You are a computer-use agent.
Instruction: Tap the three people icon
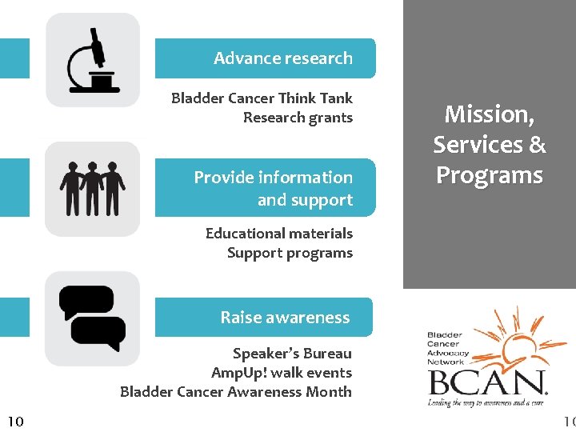tap(93, 189)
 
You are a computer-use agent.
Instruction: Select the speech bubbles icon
tap(93, 318)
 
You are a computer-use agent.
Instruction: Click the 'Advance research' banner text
tap(282, 58)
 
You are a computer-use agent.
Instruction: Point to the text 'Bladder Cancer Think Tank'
tap(262, 98)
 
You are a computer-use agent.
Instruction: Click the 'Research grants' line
tap(298, 118)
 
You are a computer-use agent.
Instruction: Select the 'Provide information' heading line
tap(273, 178)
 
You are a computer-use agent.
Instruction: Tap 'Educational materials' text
tap(278, 234)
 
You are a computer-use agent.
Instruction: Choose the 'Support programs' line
tap(290, 253)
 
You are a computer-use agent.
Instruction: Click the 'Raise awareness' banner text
tap(285, 318)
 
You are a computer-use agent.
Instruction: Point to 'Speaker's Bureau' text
tap(292, 354)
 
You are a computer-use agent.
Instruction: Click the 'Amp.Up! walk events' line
tap(282, 373)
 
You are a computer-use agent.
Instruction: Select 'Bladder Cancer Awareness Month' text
tap(236, 392)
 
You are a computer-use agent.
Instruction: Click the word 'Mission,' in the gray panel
tap(489, 114)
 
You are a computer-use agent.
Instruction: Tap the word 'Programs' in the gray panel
tap(489, 175)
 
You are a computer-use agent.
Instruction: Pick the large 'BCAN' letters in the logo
tap(488, 382)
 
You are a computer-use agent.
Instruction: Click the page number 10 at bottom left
tap(15, 421)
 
